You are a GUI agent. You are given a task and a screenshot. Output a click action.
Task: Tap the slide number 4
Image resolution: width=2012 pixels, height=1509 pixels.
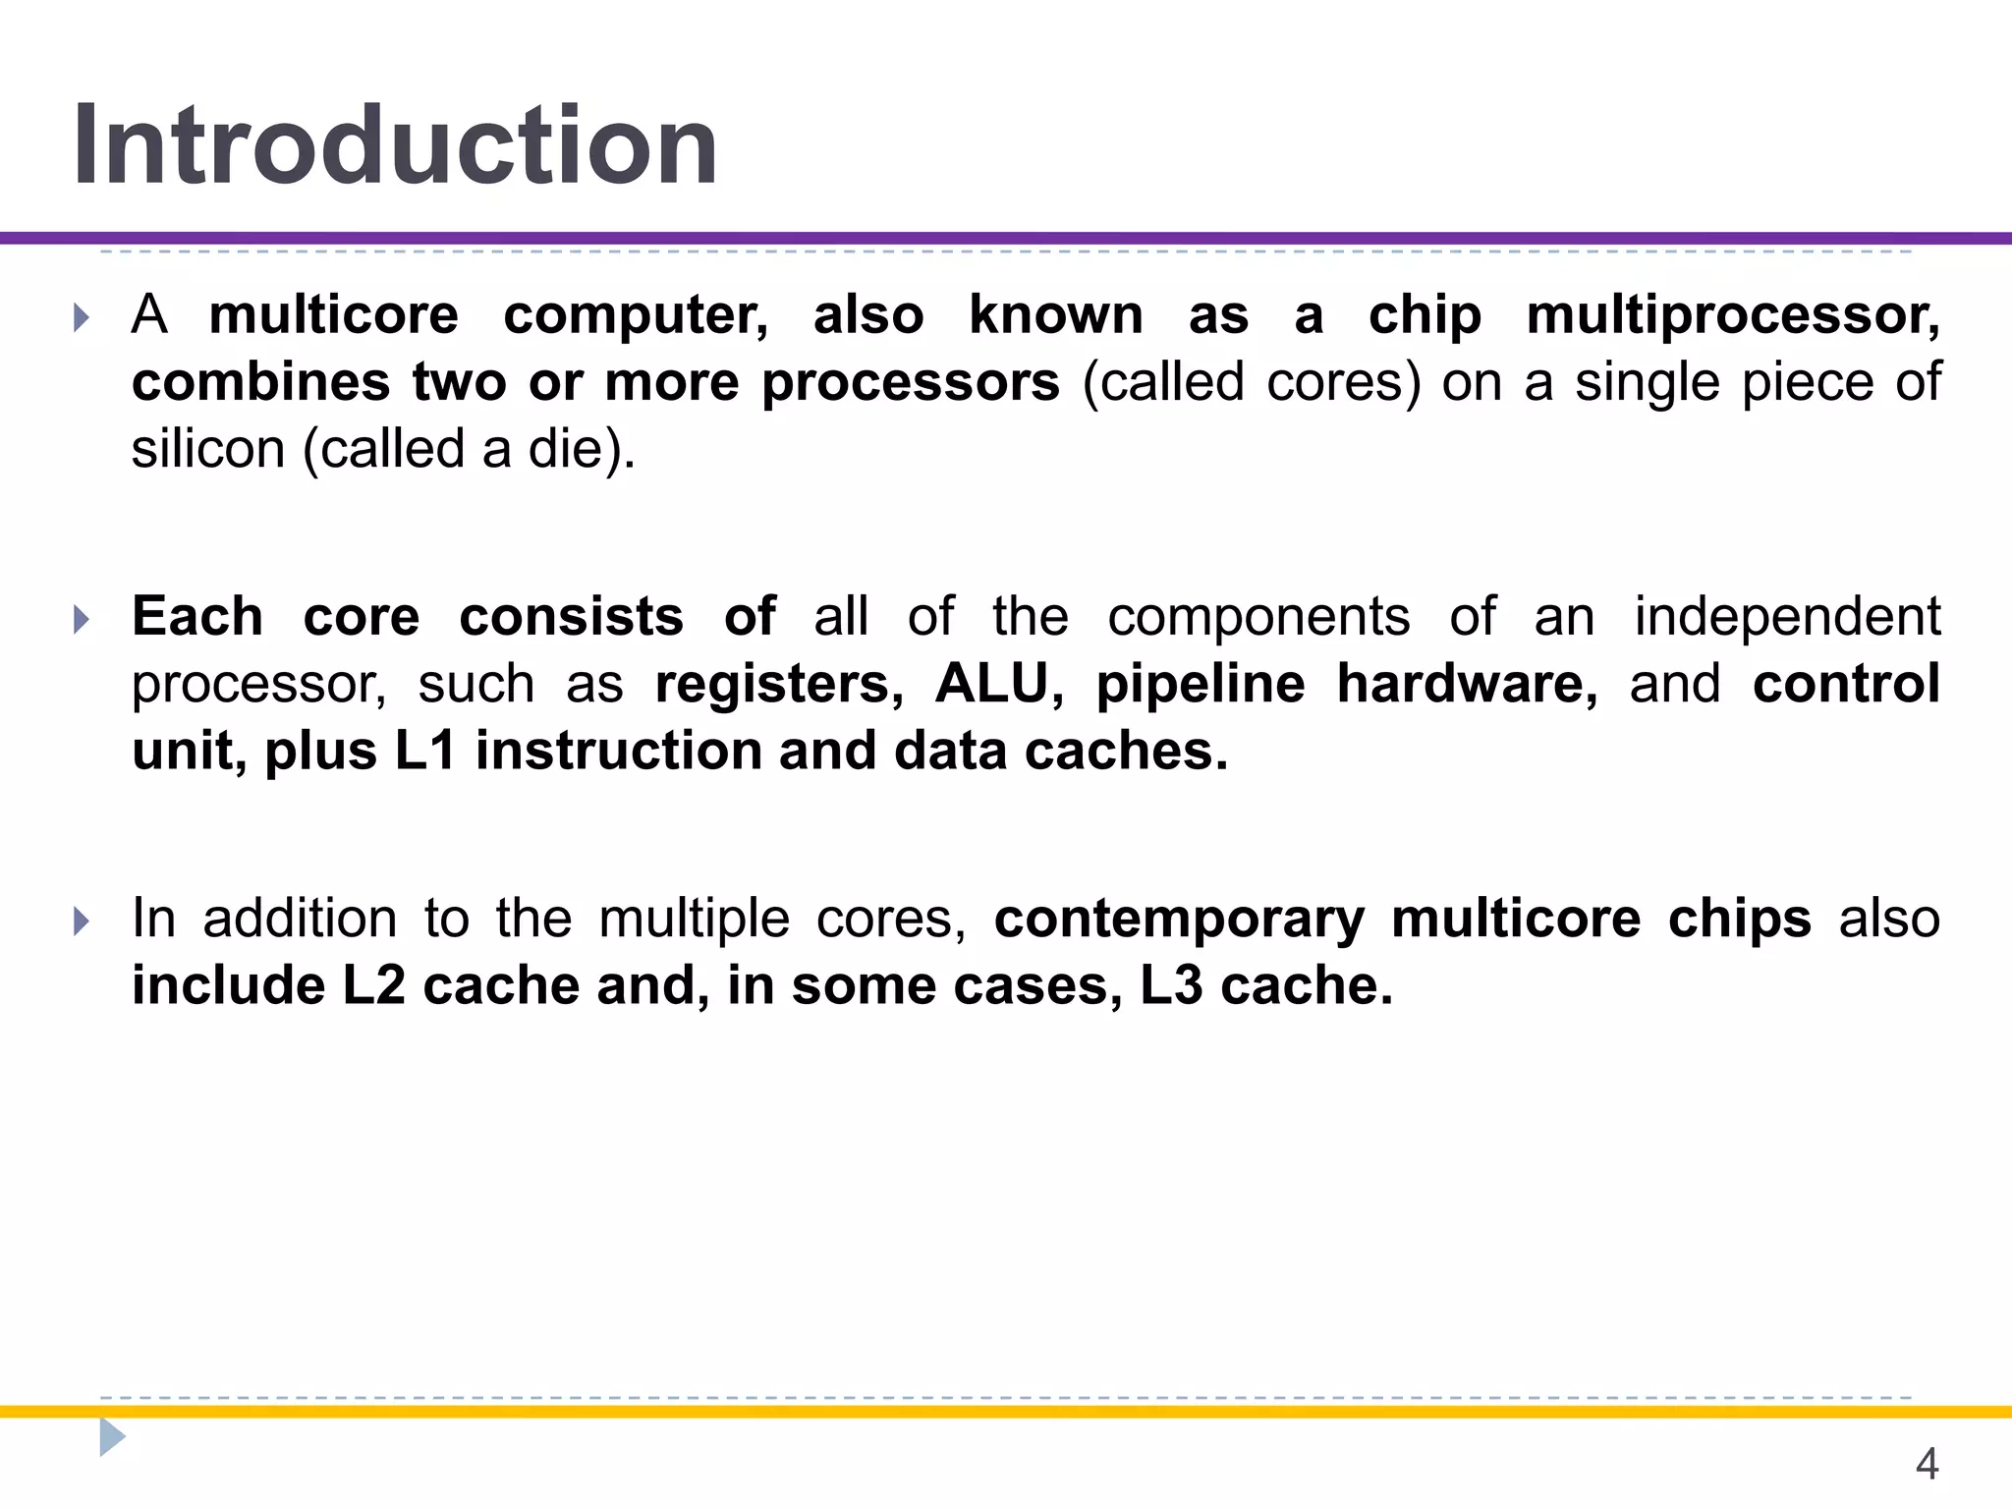pos(1927,1464)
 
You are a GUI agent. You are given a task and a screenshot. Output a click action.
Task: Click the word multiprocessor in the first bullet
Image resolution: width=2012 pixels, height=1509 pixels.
pos(1733,316)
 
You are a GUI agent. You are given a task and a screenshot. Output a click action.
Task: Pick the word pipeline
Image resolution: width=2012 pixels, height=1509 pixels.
pos(1201,685)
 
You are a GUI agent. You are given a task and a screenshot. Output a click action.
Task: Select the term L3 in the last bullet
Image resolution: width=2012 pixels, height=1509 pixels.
pos(1170,985)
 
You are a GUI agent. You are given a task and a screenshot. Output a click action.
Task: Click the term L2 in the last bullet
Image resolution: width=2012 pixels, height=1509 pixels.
pos(373,985)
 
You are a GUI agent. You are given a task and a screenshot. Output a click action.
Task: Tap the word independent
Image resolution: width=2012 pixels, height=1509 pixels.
pos(1787,617)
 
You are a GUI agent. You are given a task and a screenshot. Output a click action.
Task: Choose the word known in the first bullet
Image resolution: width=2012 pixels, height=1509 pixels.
pos(1056,316)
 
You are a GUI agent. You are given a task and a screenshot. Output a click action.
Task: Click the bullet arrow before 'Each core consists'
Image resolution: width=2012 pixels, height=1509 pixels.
pos(82,619)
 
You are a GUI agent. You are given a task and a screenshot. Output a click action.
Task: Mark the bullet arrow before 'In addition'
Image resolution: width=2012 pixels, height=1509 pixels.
pos(82,921)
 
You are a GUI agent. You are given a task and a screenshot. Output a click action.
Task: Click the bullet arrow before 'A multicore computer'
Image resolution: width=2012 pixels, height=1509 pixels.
pos(82,317)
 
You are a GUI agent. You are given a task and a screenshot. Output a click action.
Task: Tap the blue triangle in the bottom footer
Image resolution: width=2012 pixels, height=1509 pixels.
pos(111,1437)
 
